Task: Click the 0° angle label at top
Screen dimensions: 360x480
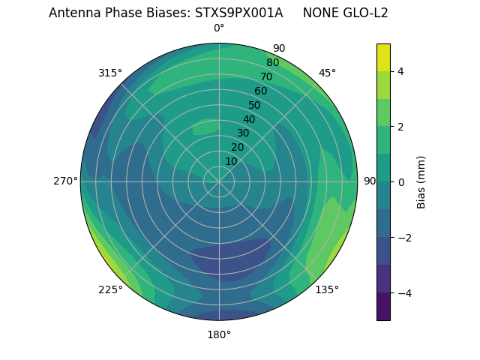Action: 219,28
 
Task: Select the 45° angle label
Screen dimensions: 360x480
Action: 327,73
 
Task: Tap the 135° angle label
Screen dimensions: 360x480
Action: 327,289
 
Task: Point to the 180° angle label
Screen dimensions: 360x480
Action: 219,334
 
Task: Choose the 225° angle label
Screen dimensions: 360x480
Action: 110,289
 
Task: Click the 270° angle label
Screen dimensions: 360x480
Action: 65,181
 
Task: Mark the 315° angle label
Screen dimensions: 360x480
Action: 110,73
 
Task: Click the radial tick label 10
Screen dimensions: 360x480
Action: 231,161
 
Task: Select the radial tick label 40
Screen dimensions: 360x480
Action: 249,119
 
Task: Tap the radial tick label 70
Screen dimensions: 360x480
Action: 266,76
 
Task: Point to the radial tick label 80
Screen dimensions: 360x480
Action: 272,63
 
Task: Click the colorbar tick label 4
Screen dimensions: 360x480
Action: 401,71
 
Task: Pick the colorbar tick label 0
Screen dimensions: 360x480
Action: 401,182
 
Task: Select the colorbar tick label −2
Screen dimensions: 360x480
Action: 404,238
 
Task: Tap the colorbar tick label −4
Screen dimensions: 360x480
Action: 404,293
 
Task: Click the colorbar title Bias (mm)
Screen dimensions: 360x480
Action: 421,182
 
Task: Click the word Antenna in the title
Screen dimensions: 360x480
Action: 72,13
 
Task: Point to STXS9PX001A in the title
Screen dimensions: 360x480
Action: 238,13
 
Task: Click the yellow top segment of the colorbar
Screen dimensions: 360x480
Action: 383,57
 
